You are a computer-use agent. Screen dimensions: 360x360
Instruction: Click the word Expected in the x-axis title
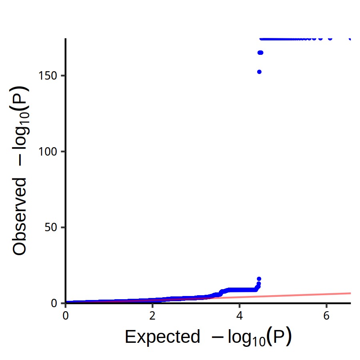(x=162, y=337)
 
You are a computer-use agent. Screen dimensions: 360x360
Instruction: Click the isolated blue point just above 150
(x=259, y=72)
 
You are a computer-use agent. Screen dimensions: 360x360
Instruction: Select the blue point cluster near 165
(x=260, y=53)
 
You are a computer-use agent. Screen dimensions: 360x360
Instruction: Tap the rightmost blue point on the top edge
(x=350, y=39)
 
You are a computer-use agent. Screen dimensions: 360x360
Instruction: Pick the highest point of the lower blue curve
(x=259, y=279)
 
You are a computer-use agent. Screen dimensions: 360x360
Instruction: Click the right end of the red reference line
(x=350, y=293)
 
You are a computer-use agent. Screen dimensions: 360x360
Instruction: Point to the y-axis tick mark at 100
(x=63, y=152)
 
